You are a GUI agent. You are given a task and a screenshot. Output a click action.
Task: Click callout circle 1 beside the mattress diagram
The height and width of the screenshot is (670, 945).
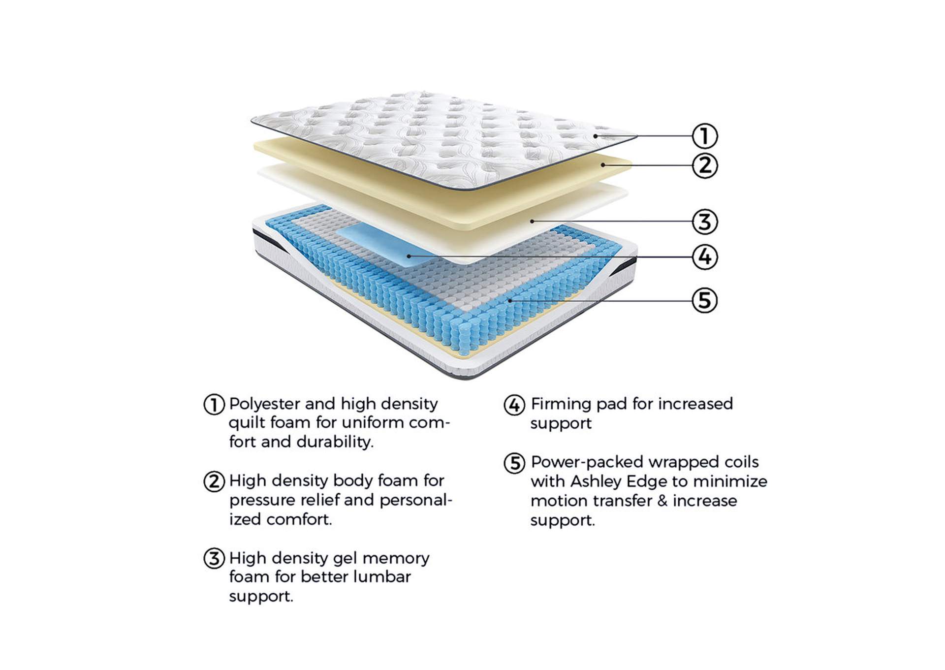[x=704, y=136]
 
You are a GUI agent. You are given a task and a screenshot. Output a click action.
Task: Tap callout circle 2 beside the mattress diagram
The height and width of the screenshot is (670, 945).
[x=704, y=165]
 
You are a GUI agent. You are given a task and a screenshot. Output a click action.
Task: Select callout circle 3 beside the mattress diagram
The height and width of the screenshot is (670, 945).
[x=704, y=222]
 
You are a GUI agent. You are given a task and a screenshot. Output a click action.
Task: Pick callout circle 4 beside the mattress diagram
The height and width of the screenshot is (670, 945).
[x=704, y=257]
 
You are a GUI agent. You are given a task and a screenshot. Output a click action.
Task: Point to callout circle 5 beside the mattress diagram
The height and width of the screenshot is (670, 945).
[x=704, y=300]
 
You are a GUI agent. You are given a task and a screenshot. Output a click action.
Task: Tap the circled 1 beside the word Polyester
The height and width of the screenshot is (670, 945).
[x=214, y=405]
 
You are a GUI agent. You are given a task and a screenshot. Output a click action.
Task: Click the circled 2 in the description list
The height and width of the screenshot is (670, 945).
[x=214, y=481]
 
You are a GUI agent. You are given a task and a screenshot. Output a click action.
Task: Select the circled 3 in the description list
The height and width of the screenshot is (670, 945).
[x=214, y=559]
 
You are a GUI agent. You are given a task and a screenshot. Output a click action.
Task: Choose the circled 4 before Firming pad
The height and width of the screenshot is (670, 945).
[x=514, y=405]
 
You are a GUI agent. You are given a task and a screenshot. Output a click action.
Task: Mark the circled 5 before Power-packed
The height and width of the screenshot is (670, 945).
[x=514, y=463]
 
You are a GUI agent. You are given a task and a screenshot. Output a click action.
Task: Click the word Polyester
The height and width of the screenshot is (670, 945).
[x=265, y=404]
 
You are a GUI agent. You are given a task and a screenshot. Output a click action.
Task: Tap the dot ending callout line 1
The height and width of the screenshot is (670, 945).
[x=596, y=136]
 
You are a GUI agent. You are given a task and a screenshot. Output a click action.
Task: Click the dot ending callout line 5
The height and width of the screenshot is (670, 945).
[x=510, y=300]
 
